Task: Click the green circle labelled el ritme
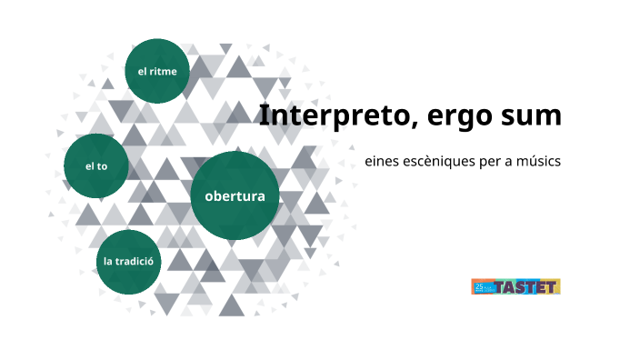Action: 157,70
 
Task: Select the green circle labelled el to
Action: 96,166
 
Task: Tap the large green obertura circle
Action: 235,195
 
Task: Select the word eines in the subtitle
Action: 380,161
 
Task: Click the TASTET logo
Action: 515,286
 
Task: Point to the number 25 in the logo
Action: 477,285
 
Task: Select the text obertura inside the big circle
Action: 235,195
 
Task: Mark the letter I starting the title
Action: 265,116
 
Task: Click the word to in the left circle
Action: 102,166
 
